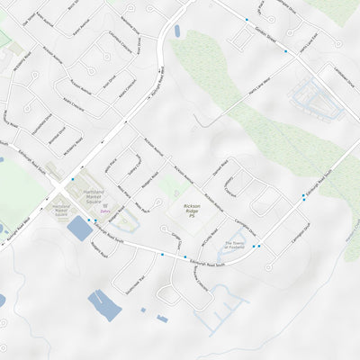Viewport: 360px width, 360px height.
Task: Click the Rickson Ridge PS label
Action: (192, 211)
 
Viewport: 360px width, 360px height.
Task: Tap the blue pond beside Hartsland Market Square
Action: (79, 229)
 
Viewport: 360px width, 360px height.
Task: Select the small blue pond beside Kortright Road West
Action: (176, 31)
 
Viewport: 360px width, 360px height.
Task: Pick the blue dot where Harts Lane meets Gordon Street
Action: (286, 51)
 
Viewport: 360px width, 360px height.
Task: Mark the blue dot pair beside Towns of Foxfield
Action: (256, 246)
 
